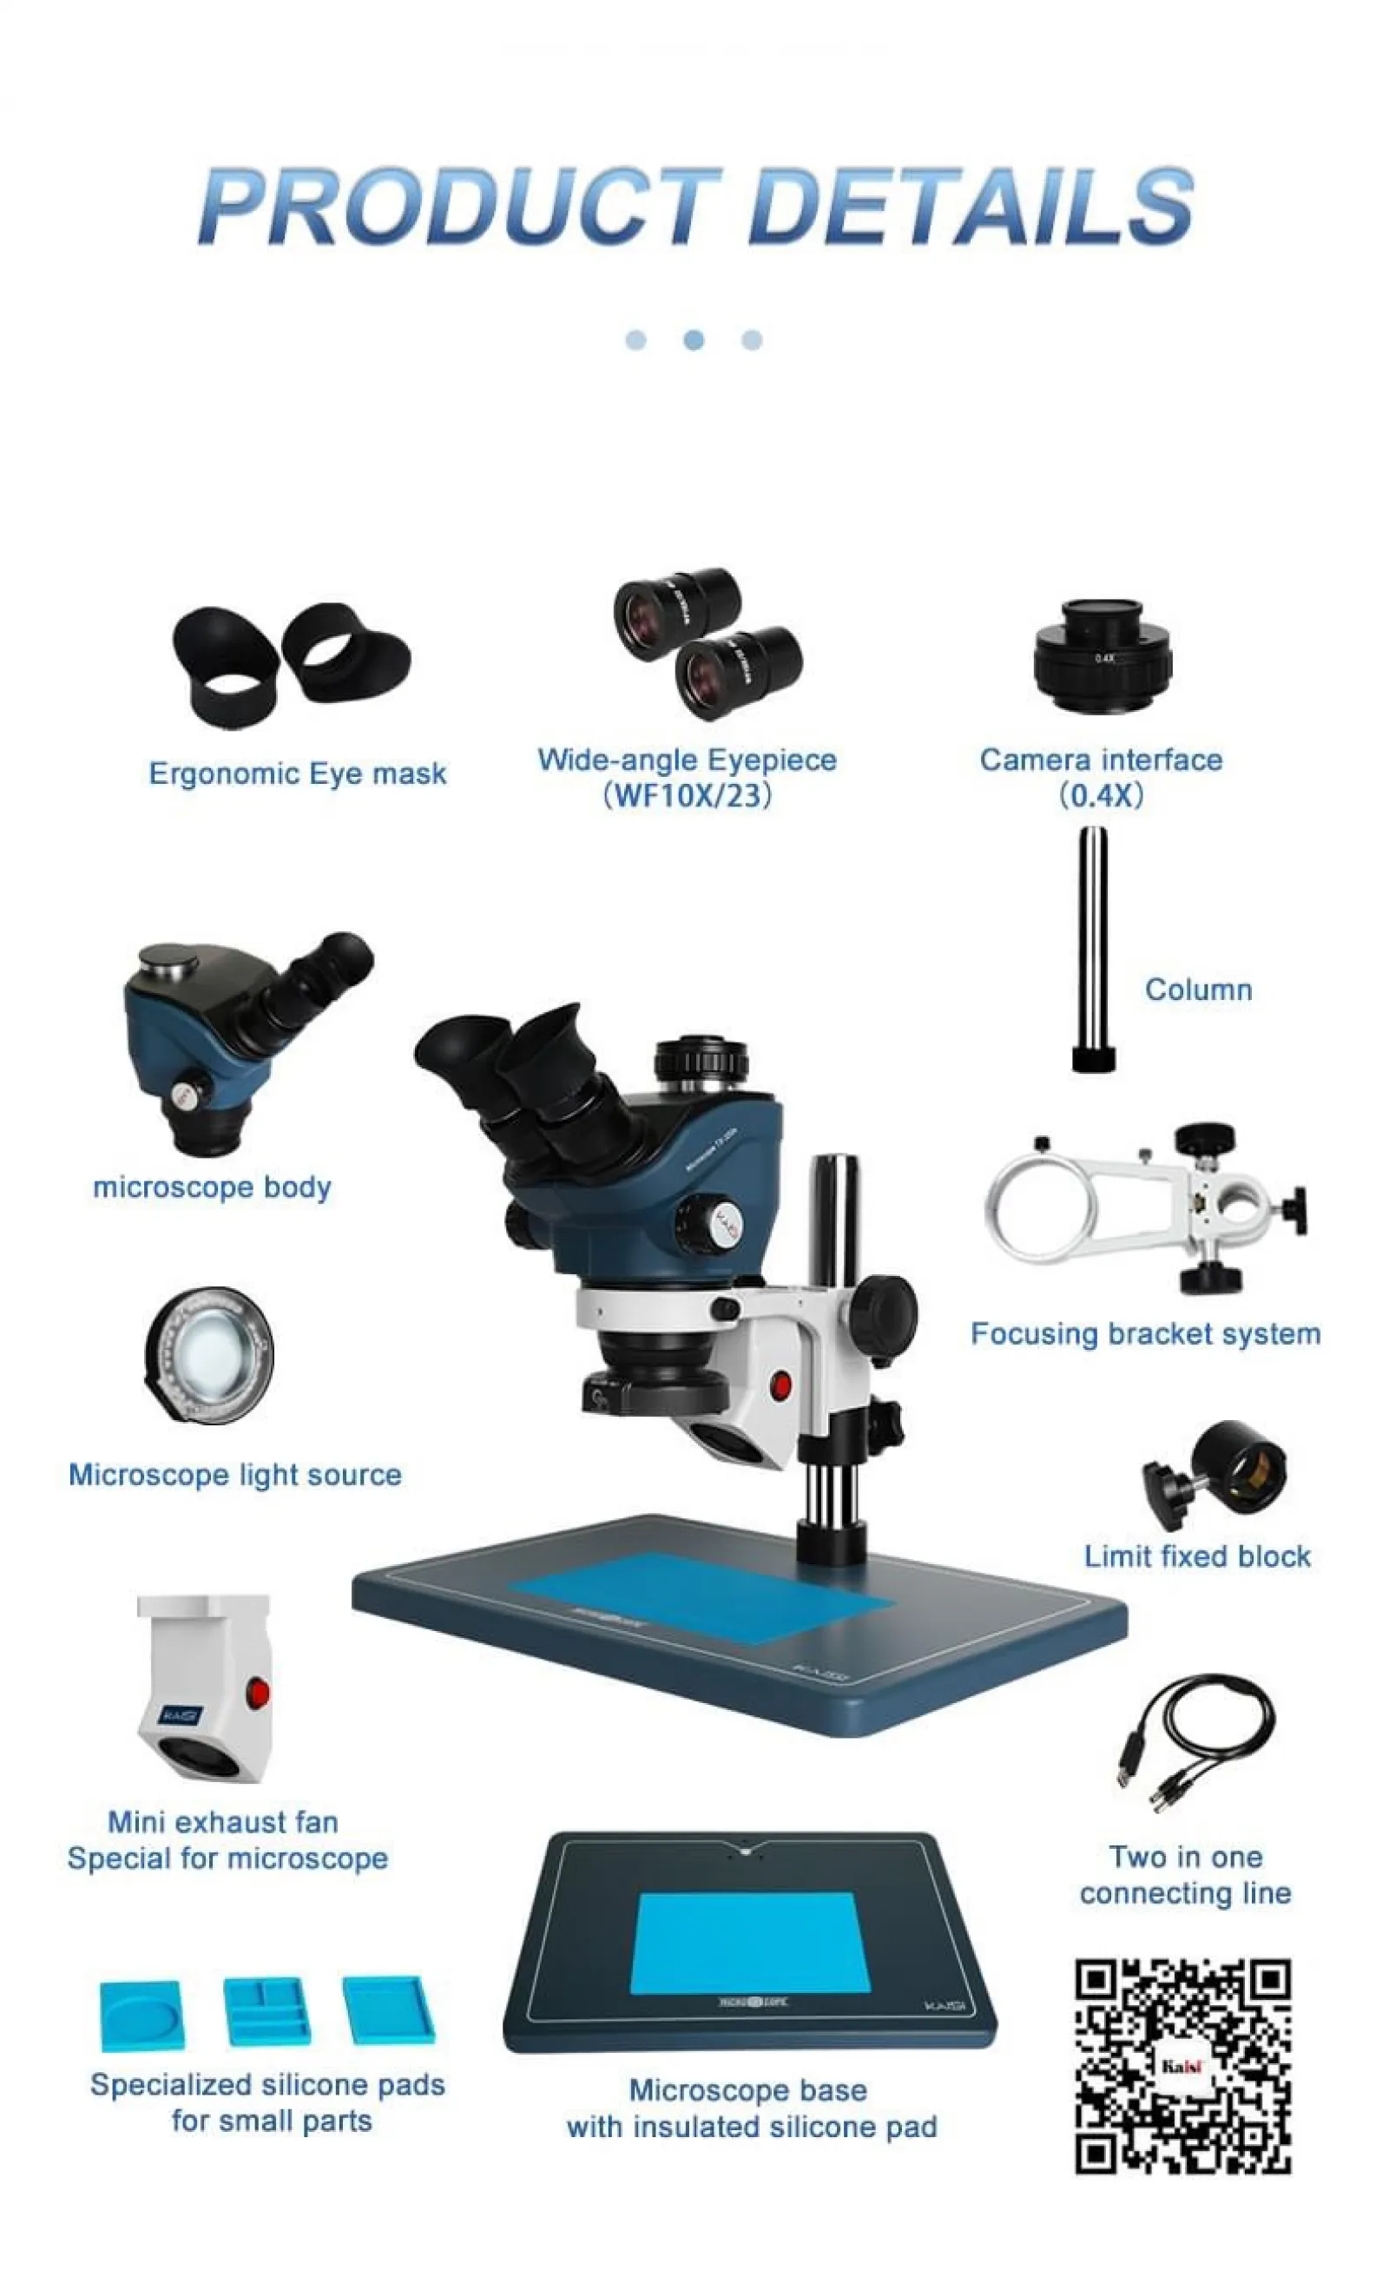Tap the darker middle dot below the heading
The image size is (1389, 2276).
(694, 341)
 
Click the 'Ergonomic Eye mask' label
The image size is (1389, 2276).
(298, 774)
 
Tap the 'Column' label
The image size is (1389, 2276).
(1198, 990)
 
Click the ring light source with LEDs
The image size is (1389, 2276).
(209, 1354)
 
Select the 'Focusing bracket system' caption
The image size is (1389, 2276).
(1145, 1335)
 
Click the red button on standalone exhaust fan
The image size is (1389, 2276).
(258, 1694)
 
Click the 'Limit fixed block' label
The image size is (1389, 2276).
(1197, 1557)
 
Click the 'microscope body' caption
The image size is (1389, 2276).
(212, 1187)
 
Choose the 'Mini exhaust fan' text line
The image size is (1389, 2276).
(222, 1823)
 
